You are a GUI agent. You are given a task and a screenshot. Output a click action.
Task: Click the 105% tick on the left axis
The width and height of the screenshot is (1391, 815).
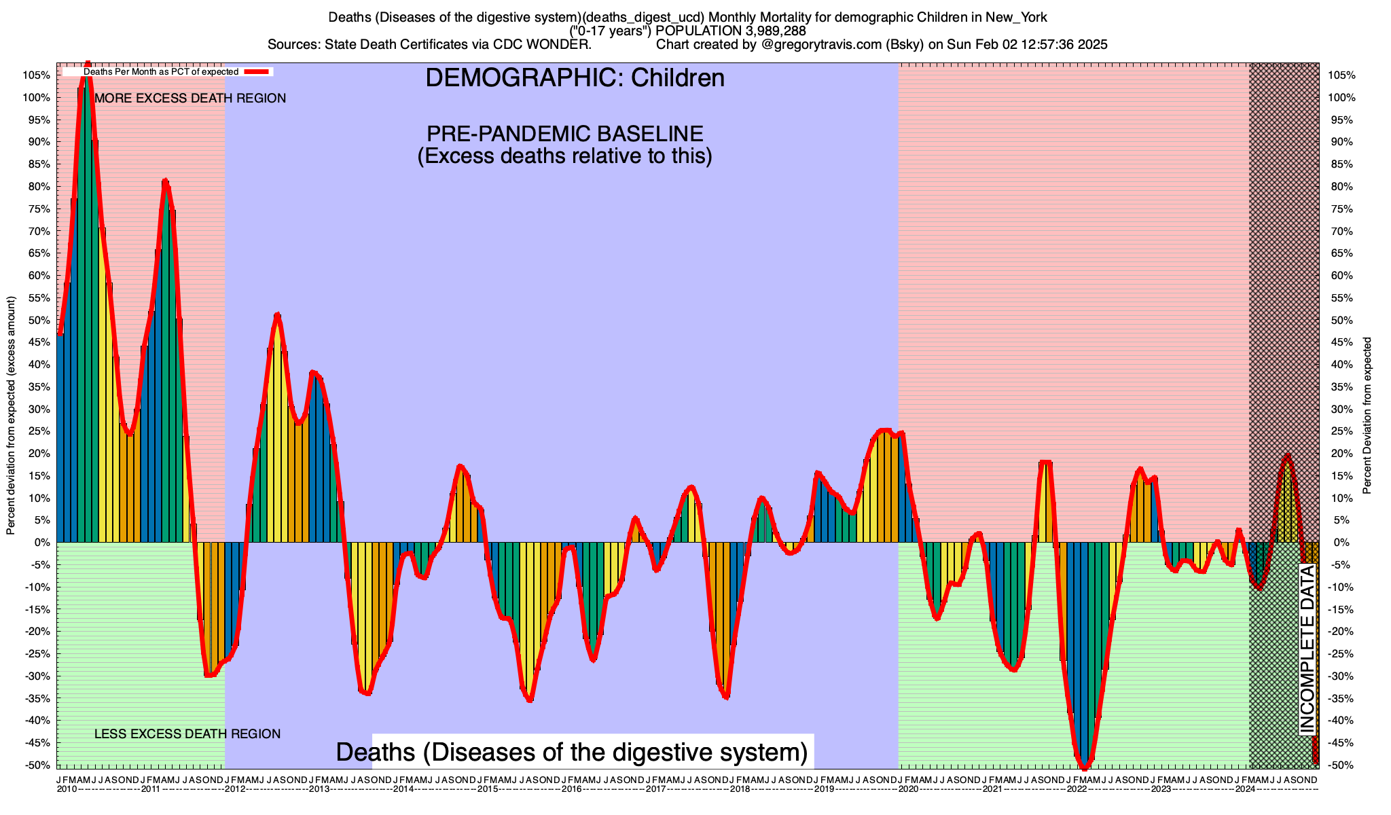[x=39, y=75]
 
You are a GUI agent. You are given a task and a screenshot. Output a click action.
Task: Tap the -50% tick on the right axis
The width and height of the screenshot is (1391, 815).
[x=1341, y=765]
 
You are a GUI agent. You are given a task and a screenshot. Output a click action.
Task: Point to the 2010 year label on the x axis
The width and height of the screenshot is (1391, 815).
[x=67, y=789]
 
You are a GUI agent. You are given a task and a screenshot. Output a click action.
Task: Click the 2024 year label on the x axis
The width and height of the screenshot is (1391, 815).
[x=1245, y=789]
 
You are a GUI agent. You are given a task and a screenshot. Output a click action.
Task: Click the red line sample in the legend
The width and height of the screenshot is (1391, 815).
[x=257, y=71]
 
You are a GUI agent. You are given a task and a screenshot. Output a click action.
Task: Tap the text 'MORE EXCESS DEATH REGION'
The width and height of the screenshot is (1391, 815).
[x=190, y=98]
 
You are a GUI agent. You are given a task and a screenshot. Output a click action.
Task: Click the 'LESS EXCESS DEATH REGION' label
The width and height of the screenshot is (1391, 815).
[x=187, y=734]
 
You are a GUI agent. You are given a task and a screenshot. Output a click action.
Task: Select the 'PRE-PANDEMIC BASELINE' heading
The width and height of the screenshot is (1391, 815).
[x=564, y=133]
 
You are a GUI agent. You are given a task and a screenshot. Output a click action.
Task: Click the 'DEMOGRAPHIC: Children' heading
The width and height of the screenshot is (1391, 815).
[x=575, y=78]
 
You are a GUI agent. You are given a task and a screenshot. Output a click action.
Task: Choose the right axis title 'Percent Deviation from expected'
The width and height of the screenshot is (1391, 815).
[x=1367, y=416]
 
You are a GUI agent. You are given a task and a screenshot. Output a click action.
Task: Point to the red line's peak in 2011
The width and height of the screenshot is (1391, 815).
[x=165, y=181]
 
